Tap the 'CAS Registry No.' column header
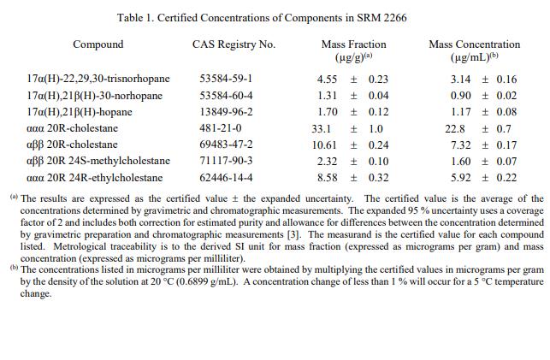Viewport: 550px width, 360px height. tap(234, 44)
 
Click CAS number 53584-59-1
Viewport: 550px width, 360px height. tap(226, 80)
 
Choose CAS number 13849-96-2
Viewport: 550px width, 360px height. tap(226, 112)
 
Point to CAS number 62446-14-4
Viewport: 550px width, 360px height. tap(226, 178)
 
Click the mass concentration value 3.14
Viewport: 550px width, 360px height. tap(461, 80)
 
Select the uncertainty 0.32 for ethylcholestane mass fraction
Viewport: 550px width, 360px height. tap(378, 178)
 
